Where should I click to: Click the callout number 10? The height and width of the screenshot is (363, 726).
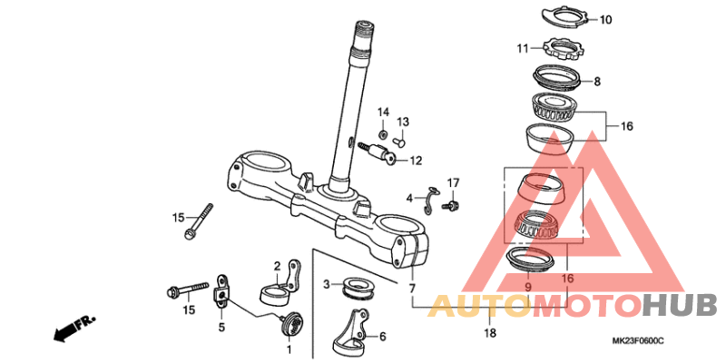tap(605, 20)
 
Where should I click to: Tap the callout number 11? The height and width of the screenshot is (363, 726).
tap(523, 48)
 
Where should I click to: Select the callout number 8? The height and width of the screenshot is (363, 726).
tap(597, 82)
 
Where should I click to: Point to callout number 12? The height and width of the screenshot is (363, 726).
tap(416, 161)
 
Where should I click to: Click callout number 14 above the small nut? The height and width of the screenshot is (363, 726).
tap(383, 112)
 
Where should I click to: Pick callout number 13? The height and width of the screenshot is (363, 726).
tap(403, 123)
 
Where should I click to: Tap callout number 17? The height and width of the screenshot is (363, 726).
tap(453, 182)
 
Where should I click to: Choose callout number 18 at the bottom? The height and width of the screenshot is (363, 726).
tap(490, 332)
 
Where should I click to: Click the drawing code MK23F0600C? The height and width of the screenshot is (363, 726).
tap(638, 341)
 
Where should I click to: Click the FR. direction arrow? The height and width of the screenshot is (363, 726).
tap(74, 329)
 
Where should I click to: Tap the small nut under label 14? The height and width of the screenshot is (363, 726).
tap(383, 134)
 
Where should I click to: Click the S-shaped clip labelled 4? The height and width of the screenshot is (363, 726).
tap(431, 200)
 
